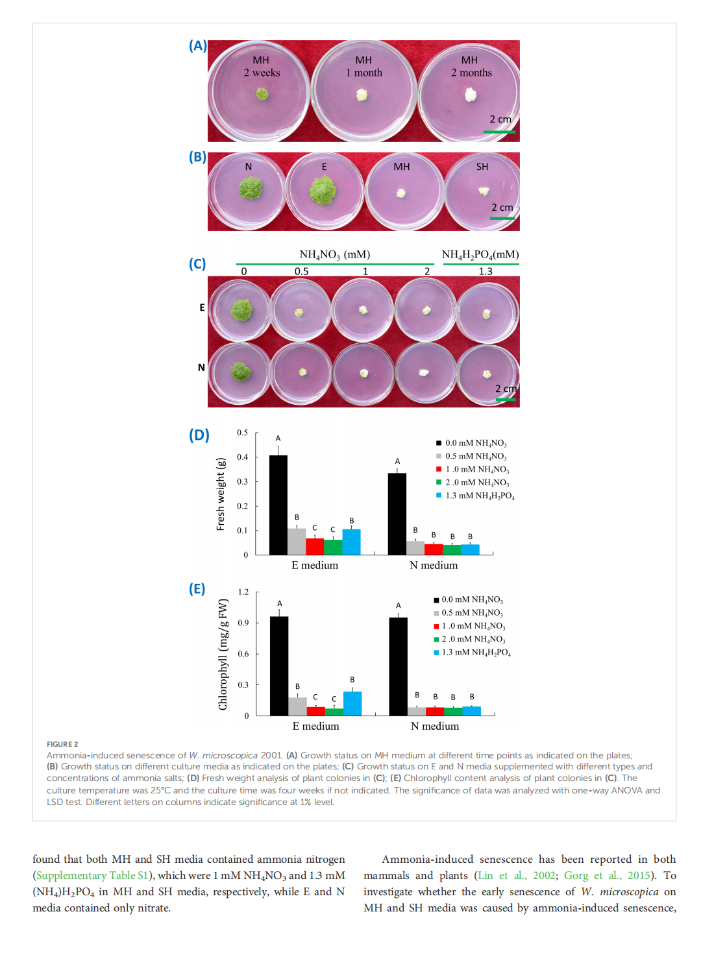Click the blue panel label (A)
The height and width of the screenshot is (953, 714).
[x=198, y=46]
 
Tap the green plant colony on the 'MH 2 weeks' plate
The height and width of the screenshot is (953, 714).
[x=262, y=94]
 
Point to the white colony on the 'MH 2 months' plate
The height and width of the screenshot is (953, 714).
[x=471, y=95]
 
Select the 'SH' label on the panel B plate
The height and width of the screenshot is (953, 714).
[x=482, y=167]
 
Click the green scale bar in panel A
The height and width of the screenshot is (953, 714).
[x=499, y=132]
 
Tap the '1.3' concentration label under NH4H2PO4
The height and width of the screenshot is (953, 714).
[x=486, y=271]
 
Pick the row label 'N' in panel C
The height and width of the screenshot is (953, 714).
[x=201, y=367]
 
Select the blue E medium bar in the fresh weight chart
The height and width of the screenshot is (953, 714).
[x=351, y=542]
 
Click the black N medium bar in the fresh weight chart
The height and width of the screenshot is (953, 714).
[x=397, y=514]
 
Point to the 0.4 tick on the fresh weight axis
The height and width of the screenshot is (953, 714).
[x=242, y=457]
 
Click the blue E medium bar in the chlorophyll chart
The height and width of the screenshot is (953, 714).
[x=352, y=703]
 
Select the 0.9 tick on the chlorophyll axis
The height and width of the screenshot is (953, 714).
[x=243, y=623]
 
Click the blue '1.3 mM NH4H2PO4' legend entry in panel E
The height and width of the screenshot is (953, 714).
[x=472, y=653]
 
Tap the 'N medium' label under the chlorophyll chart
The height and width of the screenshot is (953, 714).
[x=435, y=726]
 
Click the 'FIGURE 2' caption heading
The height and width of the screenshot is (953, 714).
[x=62, y=744]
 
